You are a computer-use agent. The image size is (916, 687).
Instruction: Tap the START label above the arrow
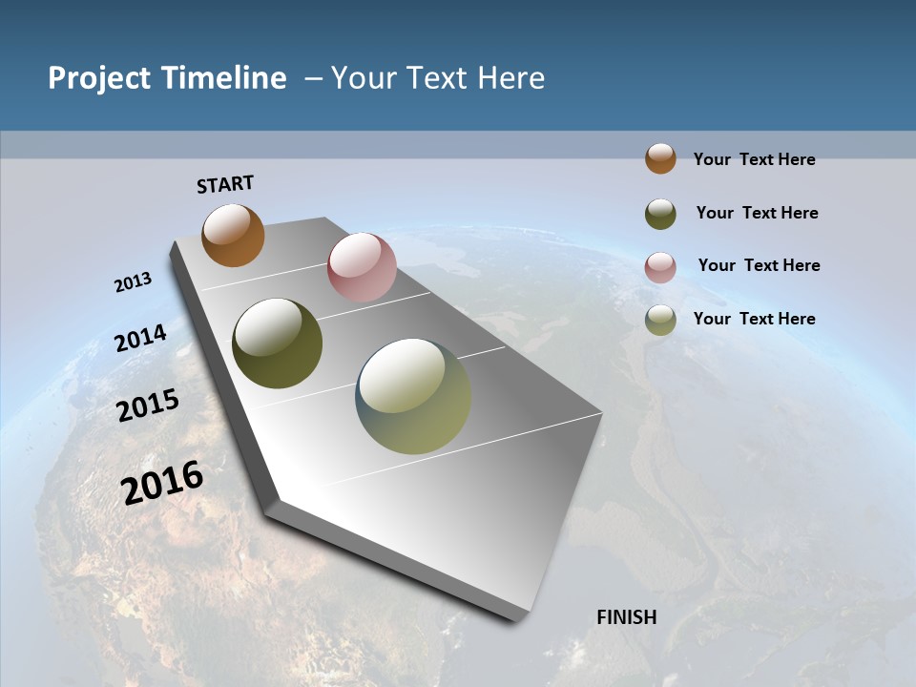tap(225, 184)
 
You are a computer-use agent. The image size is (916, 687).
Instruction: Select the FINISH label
tap(626, 617)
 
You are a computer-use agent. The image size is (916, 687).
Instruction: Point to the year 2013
tap(133, 282)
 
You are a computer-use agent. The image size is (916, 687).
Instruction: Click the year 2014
tap(141, 339)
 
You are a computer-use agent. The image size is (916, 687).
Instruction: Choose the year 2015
tap(148, 406)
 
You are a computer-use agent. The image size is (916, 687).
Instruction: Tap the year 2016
tap(162, 482)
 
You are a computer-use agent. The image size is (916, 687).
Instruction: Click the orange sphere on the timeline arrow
tap(233, 235)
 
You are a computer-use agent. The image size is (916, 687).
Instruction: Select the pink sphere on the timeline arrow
tap(362, 267)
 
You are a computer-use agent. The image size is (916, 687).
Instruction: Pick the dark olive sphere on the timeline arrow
tap(277, 343)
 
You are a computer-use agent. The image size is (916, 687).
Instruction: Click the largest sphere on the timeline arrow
tap(413, 396)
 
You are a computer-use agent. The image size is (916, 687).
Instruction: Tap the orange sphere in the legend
tap(660, 158)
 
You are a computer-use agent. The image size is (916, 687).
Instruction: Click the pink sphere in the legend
tap(660, 267)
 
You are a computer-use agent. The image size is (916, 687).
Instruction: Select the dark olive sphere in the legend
tap(660, 214)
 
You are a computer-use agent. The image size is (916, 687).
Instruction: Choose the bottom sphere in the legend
tap(660, 320)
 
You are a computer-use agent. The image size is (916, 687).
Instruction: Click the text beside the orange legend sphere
tap(754, 159)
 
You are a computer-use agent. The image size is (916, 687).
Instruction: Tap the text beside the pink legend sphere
tap(759, 265)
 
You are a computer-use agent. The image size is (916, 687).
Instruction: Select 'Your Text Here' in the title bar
tap(438, 78)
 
